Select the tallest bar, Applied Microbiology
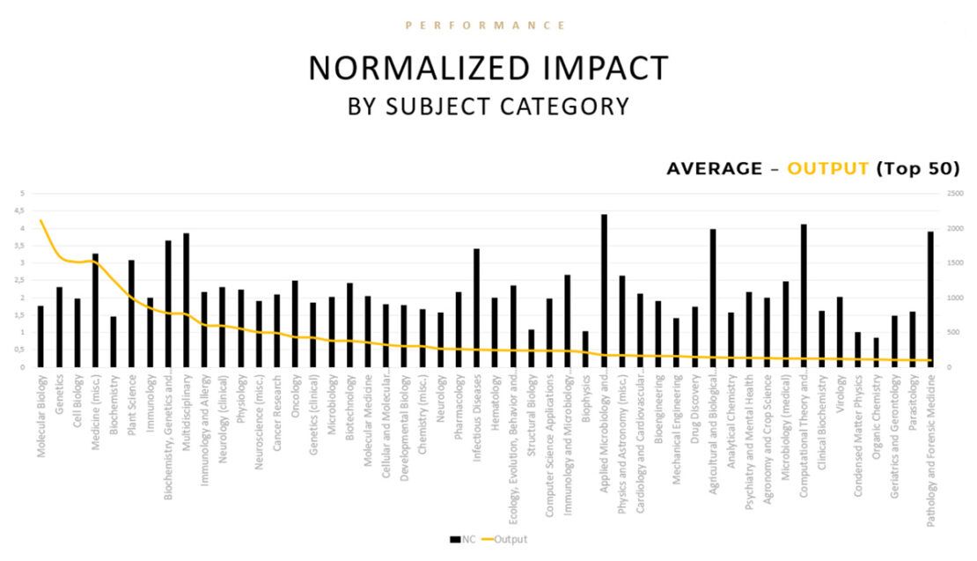pos(604,291)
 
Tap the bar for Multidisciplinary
pos(186,300)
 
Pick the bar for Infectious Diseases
pos(476,308)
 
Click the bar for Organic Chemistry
pos(876,352)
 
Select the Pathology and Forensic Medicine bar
pos(930,299)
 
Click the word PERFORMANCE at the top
pos(486,26)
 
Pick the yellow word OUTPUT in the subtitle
pos(827,168)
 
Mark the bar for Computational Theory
pos(804,296)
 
